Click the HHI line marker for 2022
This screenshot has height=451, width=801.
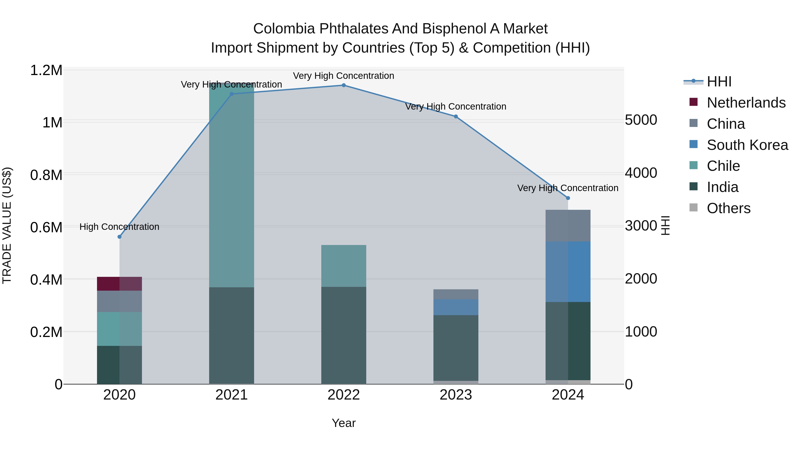344,85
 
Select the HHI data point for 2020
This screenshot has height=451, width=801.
119,237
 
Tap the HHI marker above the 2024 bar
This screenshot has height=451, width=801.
568,198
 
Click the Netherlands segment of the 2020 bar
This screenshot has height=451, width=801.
119,284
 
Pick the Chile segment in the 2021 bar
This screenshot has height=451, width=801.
231,187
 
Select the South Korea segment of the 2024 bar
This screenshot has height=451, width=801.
568,271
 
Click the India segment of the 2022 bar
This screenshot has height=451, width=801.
344,335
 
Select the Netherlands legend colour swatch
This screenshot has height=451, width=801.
693,102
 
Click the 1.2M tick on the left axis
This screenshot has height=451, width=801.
46,70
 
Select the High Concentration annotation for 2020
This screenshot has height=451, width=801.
119,227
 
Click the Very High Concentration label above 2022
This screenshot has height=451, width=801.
344,76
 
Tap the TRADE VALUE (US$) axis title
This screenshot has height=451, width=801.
7,225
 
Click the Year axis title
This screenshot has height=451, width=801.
344,423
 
